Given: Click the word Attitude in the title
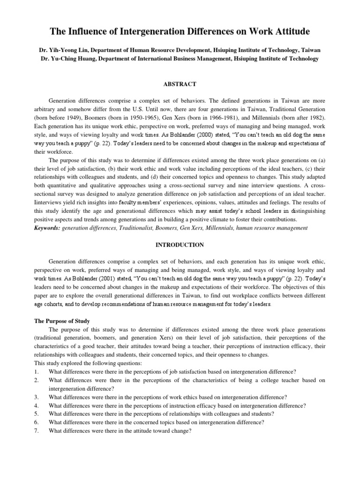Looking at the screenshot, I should coord(289,32).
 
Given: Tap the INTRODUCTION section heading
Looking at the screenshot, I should coord(180,245).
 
